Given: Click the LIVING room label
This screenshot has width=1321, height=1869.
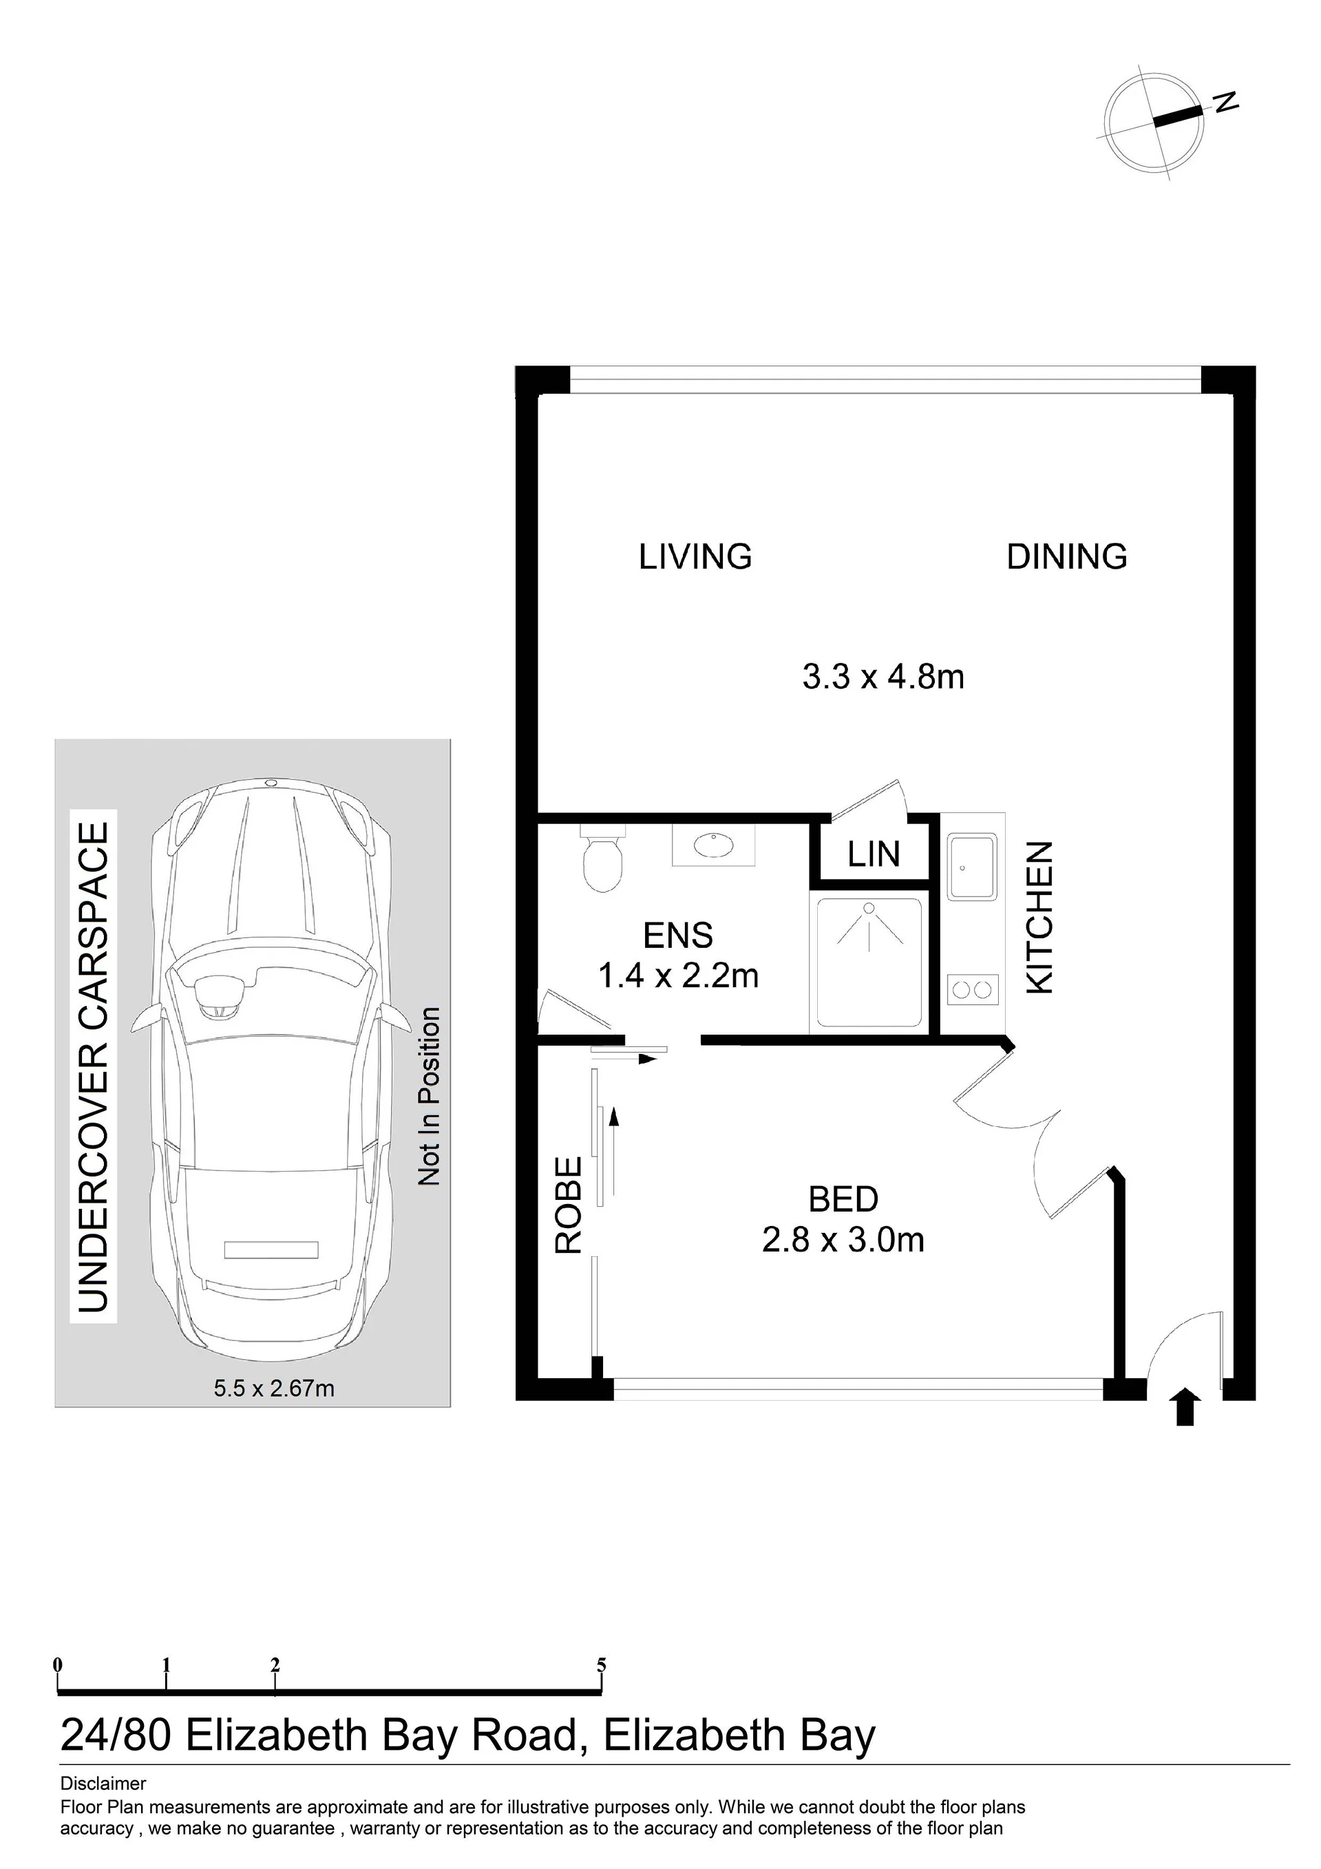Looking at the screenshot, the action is click(x=695, y=557).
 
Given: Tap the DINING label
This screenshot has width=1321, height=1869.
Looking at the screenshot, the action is click(x=1066, y=557).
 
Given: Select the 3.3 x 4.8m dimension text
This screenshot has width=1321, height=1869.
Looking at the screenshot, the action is click(x=883, y=677).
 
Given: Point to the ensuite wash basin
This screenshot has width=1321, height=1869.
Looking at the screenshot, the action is click(x=714, y=844).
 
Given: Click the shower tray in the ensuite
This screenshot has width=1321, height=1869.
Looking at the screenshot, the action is click(x=869, y=962).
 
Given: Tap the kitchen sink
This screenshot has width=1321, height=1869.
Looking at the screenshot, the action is click(x=972, y=866).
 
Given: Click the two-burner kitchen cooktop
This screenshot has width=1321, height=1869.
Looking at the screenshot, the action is click(x=973, y=990).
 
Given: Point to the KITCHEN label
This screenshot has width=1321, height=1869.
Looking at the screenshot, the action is click(x=1040, y=918).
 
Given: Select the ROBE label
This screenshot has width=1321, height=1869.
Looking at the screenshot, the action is click(x=569, y=1205).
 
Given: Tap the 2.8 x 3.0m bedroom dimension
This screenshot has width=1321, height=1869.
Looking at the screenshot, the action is click(x=843, y=1240).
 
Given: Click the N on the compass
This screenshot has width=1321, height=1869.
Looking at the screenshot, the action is click(x=1226, y=101).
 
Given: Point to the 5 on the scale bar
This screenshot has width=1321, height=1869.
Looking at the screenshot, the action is click(x=602, y=1665).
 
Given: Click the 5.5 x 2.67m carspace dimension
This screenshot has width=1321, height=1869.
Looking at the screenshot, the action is click(x=274, y=1388).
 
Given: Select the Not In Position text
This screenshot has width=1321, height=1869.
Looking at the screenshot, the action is click(x=428, y=1097).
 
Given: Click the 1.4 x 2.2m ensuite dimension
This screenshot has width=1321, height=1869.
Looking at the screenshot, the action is click(x=678, y=975).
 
